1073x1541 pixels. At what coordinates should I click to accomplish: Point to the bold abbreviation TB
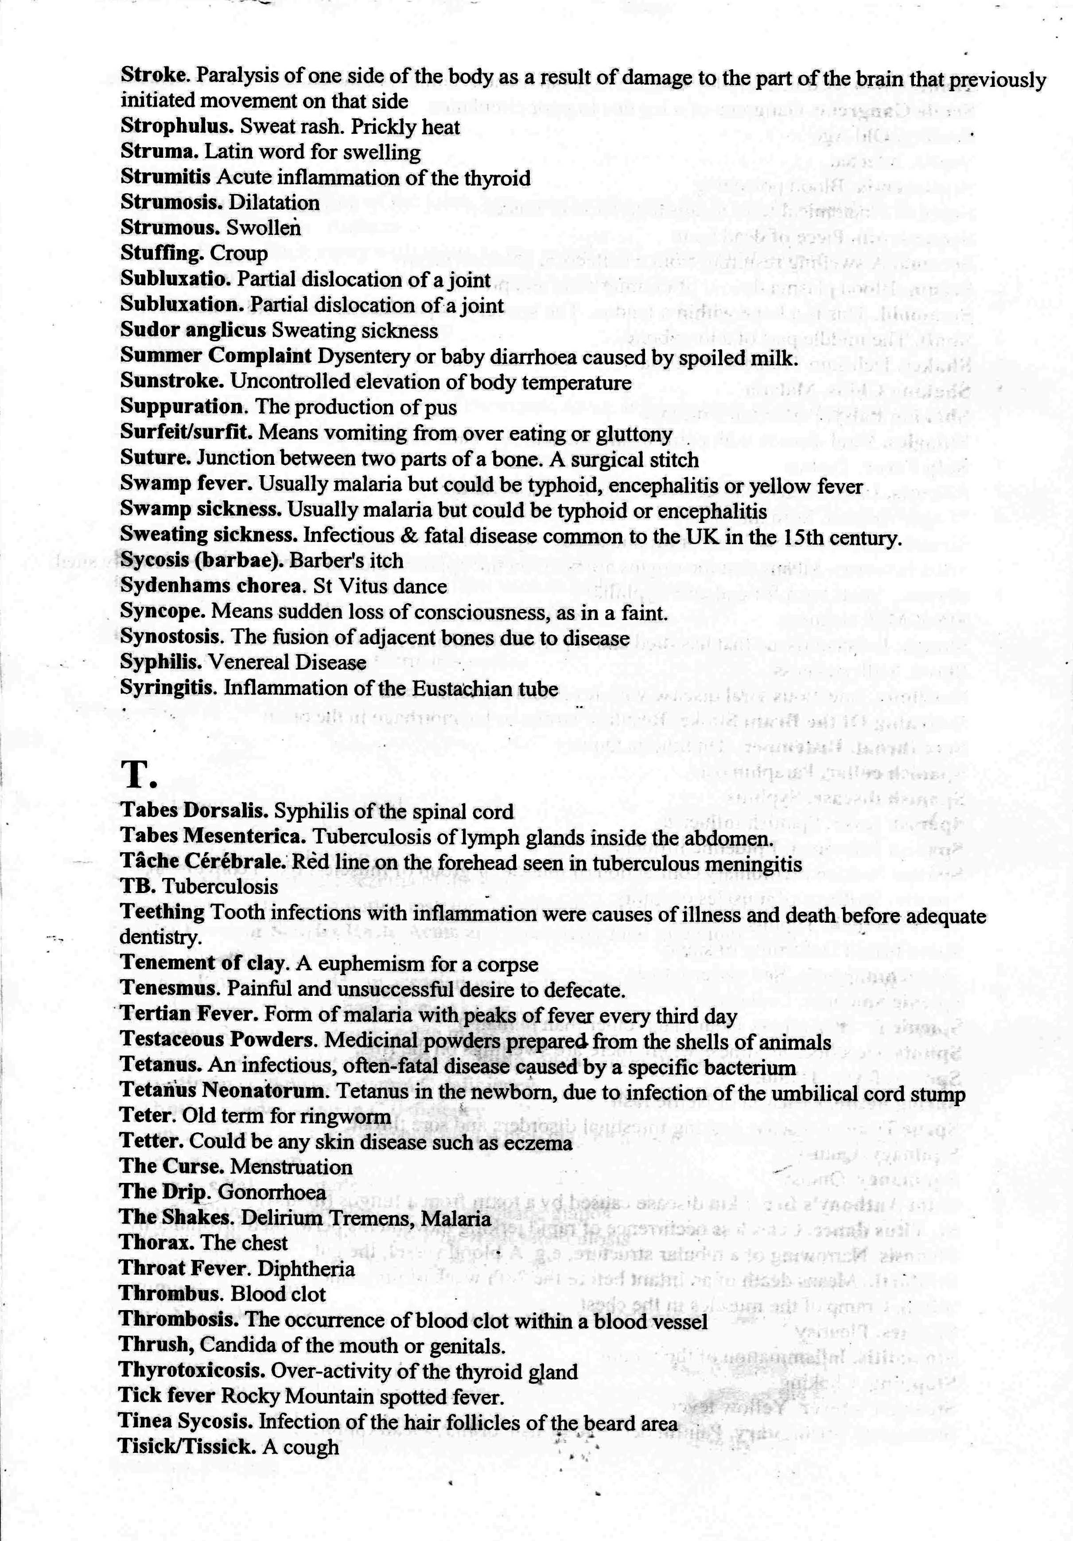tap(138, 886)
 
